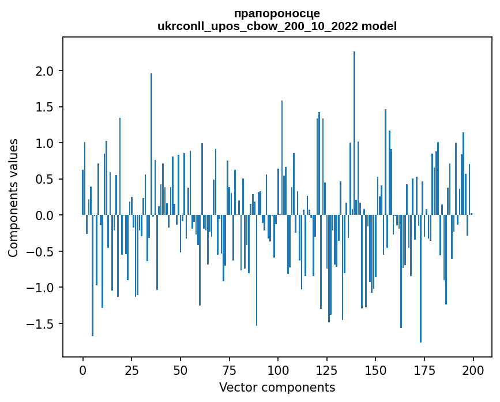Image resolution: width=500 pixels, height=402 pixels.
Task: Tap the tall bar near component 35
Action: [151, 144]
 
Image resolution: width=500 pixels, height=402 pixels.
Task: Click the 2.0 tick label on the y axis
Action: [44, 71]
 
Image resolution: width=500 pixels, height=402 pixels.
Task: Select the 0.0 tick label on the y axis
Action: [44, 215]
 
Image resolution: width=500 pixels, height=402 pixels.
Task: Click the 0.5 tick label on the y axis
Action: [44, 179]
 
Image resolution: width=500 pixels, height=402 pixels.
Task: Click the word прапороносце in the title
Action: [277, 13]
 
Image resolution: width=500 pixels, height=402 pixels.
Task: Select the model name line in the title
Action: [277, 26]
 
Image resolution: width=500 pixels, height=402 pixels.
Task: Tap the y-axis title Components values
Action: [13, 198]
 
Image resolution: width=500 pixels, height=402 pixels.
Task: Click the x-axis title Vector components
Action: [277, 387]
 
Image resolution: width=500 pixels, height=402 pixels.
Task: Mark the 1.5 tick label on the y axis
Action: [44, 107]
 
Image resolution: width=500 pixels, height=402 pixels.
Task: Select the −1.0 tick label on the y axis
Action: [40, 288]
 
